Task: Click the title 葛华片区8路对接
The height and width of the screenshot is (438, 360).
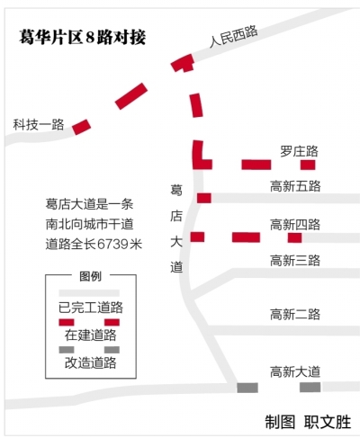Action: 83,37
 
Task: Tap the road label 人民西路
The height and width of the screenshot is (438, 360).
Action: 233,36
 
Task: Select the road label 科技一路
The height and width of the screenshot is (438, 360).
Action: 39,125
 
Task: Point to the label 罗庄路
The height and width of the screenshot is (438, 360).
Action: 299,151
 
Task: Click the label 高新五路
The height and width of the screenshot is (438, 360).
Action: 295,186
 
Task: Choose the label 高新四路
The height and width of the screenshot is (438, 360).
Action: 295,225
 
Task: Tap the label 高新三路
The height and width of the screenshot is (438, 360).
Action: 295,261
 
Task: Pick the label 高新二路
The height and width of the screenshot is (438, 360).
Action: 295,315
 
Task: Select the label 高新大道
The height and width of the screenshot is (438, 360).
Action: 295,372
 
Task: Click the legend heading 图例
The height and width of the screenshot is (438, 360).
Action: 91,276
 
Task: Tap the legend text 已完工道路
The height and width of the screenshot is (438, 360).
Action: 91,308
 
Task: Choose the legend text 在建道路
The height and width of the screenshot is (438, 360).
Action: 91,335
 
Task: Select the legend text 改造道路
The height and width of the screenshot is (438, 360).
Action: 91,362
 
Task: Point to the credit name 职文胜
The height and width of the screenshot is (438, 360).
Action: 328,422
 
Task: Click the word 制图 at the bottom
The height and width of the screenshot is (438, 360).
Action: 280,422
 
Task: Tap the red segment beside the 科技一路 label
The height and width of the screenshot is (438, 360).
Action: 81,127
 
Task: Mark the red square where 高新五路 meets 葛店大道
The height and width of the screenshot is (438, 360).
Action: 204,198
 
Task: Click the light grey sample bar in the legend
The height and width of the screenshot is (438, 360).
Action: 89,293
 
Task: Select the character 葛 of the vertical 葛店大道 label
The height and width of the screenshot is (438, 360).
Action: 176,191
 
